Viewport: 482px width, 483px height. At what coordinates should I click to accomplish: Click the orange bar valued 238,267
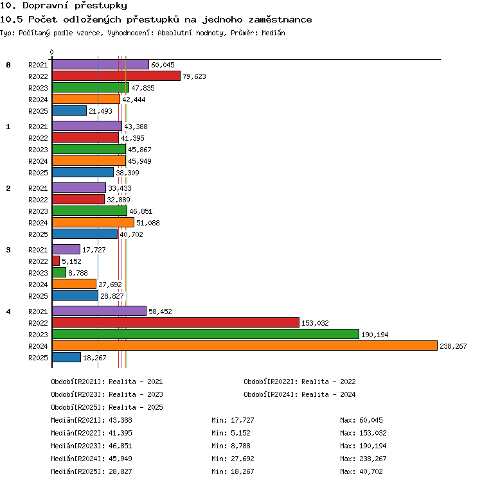click(x=245, y=346)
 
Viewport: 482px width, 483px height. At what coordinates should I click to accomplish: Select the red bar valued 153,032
click(x=175, y=322)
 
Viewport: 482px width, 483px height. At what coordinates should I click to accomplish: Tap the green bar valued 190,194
click(x=206, y=334)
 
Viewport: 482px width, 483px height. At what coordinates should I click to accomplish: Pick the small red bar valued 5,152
click(x=56, y=261)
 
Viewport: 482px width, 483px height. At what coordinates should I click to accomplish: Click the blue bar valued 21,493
click(x=69, y=110)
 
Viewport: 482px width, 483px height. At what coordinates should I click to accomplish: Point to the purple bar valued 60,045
click(x=100, y=64)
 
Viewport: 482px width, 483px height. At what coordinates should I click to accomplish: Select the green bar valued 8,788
click(x=59, y=272)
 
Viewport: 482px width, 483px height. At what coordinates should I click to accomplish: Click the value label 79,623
click(x=194, y=76)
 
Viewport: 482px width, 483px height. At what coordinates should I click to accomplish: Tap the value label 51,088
click(x=148, y=223)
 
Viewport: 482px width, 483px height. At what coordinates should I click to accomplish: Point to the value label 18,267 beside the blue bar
click(x=94, y=358)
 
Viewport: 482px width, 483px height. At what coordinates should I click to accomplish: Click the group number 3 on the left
click(x=8, y=250)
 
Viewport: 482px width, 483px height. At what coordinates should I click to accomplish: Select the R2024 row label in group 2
click(x=38, y=223)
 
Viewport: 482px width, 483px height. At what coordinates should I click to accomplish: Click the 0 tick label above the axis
click(x=52, y=52)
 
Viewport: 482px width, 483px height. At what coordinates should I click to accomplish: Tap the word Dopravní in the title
click(x=45, y=5)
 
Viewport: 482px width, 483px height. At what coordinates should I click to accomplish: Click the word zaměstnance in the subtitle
click(x=280, y=20)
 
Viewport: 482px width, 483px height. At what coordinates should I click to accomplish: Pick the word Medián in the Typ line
click(x=273, y=33)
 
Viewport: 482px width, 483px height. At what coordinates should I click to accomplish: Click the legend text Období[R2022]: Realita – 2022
click(x=299, y=382)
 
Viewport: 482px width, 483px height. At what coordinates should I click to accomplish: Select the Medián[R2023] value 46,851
click(x=120, y=446)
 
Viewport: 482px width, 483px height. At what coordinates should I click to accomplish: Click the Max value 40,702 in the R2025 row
click(x=371, y=471)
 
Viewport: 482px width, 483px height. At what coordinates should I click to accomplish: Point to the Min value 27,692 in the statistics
click(x=242, y=459)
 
